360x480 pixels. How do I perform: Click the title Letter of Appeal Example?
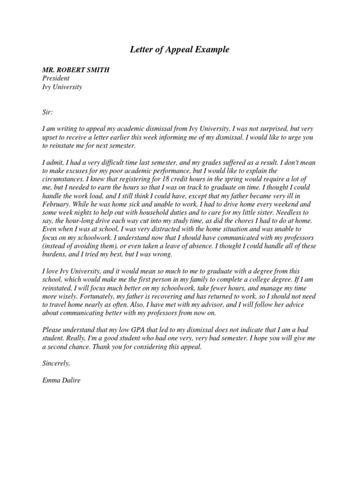(180, 49)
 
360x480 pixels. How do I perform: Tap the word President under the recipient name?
(56, 78)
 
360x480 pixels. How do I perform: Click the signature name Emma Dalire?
(61, 381)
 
